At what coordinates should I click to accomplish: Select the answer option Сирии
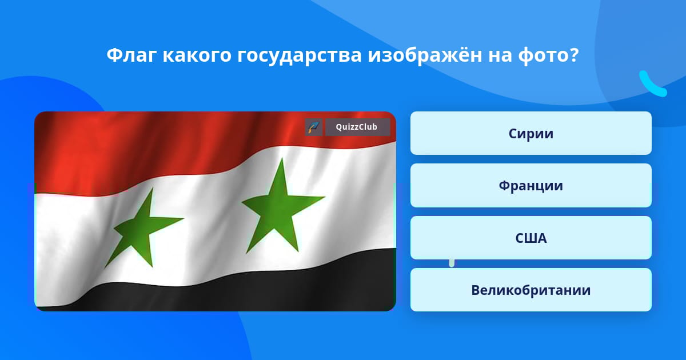(531, 133)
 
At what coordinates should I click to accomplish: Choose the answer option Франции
(531, 186)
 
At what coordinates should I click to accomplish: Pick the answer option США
(531, 238)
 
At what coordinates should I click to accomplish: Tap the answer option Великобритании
(531, 290)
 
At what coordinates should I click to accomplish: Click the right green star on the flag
(280, 205)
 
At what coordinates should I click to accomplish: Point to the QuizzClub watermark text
(356, 127)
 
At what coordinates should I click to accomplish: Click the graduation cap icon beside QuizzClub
(314, 127)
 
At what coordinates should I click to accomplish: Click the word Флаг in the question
(131, 55)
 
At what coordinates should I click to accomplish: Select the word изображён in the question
(425, 55)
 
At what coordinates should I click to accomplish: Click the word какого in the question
(197, 55)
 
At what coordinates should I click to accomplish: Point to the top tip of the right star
(282, 158)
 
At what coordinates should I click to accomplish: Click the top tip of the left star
(152, 189)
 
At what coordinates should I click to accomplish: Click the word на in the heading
(500, 57)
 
